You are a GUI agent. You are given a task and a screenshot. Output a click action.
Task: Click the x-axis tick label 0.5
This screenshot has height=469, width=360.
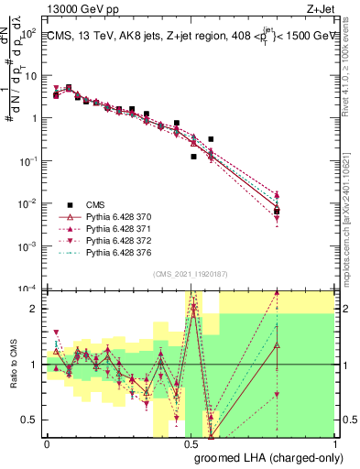pyautogui.click(x=191, y=443)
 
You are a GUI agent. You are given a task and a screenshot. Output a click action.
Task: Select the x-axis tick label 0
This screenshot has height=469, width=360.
pyautogui.click(x=48, y=443)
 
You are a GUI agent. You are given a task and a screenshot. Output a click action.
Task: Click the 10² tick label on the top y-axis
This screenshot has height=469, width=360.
pyautogui.click(x=29, y=34)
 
